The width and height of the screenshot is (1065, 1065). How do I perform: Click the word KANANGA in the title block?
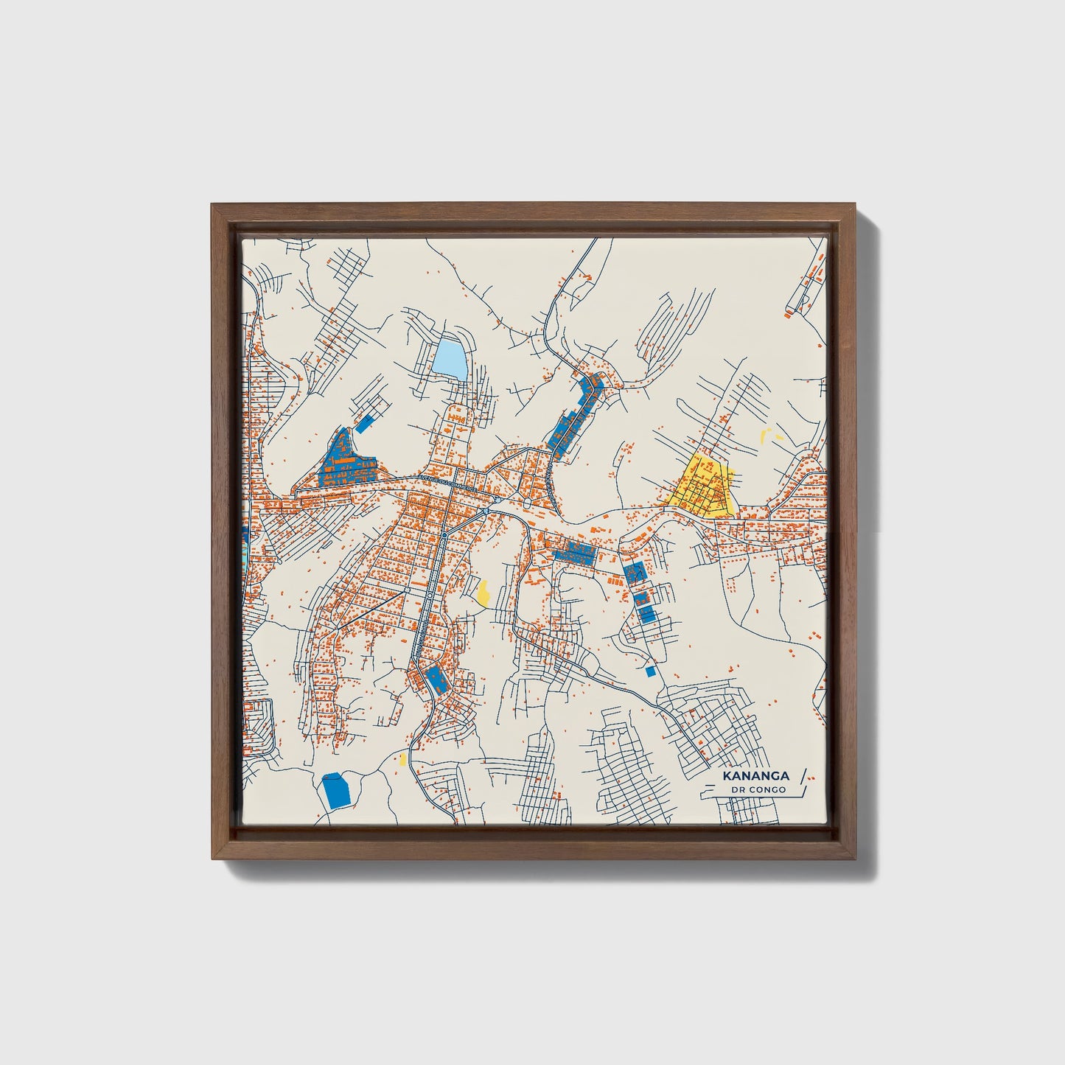click(x=755, y=776)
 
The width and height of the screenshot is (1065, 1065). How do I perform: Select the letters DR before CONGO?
click(x=738, y=790)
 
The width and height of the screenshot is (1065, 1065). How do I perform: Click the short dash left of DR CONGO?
click(x=715, y=790)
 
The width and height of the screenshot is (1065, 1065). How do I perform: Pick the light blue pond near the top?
click(x=450, y=357)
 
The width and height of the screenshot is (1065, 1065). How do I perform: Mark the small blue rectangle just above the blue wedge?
click(x=363, y=423)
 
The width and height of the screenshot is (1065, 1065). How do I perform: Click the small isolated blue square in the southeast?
click(x=649, y=671)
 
